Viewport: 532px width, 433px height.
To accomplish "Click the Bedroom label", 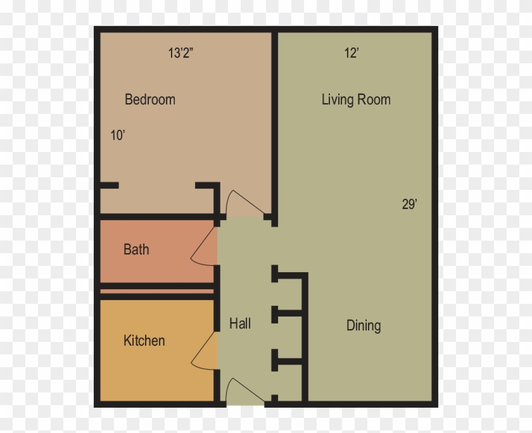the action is click(x=150, y=99).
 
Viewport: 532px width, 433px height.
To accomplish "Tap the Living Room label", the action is click(x=356, y=99).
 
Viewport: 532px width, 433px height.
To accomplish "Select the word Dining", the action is click(x=364, y=325).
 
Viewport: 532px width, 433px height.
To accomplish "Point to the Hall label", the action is click(x=240, y=323).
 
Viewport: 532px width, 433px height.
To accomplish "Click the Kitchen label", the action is click(x=144, y=341).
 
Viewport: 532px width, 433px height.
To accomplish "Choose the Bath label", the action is click(x=136, y=249).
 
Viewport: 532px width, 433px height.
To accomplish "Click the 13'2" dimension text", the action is click(x=180, y=53).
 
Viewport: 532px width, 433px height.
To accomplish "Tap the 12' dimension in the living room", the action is click(x=351, y=53).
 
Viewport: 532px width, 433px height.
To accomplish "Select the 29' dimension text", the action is click(x=410, y=204).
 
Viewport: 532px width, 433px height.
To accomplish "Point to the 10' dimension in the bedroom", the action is click(x=118, y=135).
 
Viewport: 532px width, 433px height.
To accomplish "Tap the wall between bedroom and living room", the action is click(x=274, y=129).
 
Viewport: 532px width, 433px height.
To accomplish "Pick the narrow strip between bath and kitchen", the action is click(x=157, y=291).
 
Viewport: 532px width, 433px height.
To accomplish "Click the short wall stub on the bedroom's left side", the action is click(x=109, y=185).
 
